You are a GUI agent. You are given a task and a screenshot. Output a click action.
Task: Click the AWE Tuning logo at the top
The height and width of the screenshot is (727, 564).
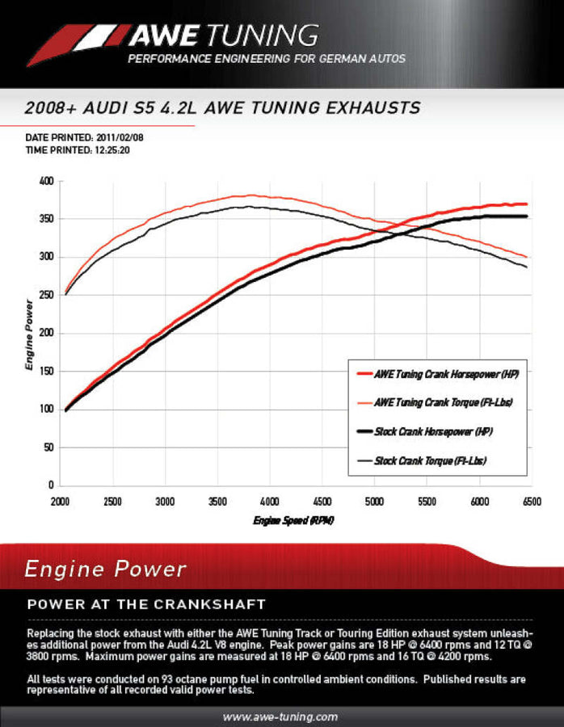click(x=174, y=36)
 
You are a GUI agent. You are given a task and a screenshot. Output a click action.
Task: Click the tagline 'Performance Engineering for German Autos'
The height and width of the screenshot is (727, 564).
click(x=266, y=59)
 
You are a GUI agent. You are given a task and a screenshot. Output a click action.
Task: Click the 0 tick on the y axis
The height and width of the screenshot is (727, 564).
click(x=50, y=485)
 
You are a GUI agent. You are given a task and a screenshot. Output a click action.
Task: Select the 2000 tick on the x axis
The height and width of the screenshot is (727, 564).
click(x=60, y=501)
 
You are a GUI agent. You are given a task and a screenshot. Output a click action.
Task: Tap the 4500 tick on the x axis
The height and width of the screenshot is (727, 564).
click(x=322, y=501)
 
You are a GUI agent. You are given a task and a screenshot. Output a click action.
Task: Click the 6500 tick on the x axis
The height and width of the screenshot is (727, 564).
click(x=531, y=501)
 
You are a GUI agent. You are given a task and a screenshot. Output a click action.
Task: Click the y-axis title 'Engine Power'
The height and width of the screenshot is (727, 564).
click(x=29, y=334)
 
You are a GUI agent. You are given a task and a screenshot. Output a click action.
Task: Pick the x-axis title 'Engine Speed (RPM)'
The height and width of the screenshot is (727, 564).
click(x=293, y=520)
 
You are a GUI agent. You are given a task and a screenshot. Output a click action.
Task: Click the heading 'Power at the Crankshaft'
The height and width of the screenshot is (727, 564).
click(x=146, y=604)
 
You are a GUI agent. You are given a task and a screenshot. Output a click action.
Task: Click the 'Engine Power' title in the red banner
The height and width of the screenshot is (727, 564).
click(x=105, y=569)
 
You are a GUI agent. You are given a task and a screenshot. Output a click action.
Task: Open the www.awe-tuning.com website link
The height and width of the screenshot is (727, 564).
click(x=280, y=716)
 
